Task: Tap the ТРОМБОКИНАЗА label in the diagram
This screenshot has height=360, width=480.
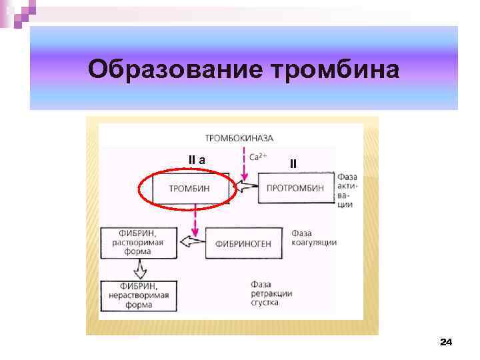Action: (x=239, y=139)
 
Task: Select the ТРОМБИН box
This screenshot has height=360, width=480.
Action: (x=189, y=189)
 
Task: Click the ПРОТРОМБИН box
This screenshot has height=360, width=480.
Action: (x=295, y=189)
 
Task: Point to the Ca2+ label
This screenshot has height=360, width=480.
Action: (x=258, y=158)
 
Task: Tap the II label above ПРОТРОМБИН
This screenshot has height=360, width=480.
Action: (x=293, y=163)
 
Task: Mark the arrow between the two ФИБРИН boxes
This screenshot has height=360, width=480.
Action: (x=140, y=269)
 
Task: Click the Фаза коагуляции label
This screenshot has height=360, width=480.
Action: (x=314, y=238)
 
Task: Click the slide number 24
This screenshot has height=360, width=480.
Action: (x=445, y=342)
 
